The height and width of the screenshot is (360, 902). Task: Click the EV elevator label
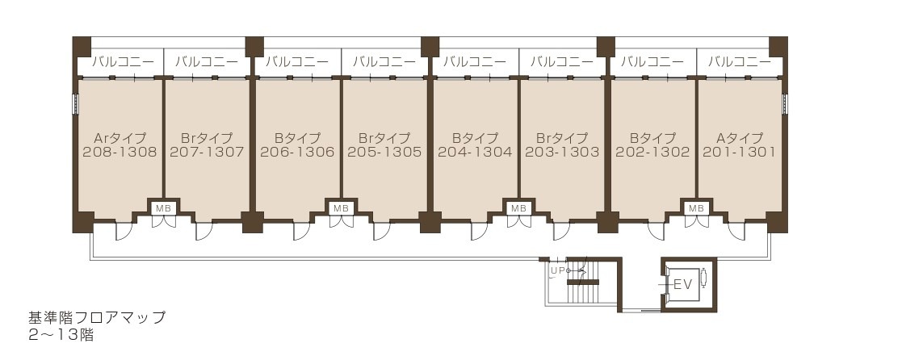tap(683, 284)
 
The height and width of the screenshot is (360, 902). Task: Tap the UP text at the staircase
tap(556, 270)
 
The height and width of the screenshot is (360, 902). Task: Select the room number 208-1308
tap(120, 152)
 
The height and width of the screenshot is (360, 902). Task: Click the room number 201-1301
tap(739, 152)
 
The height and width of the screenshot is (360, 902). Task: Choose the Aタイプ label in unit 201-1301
tap(739, 138)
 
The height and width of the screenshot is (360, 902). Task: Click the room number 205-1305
tap(384, 152)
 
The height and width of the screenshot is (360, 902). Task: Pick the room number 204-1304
tap(475, 152)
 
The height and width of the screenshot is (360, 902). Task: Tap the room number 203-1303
tap(562, 152)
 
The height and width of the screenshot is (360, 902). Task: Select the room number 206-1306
tap(297, 152)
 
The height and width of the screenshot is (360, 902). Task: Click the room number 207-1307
tap(207, 152)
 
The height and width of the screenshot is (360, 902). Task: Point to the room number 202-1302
tap(652, 152)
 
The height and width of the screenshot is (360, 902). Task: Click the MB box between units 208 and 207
tap(163, 208)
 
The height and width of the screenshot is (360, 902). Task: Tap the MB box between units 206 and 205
tap(341, 208)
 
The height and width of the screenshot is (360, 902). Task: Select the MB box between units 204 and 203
tap(518, 208)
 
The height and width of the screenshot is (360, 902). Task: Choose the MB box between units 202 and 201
tap(695, 208)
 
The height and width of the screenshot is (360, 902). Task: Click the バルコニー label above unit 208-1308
tap(120, 61)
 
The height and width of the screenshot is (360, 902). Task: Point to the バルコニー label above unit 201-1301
tap(739, 61)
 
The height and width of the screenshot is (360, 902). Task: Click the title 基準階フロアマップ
tap(97, 317)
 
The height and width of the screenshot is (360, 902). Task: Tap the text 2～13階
tap(61, 335)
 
